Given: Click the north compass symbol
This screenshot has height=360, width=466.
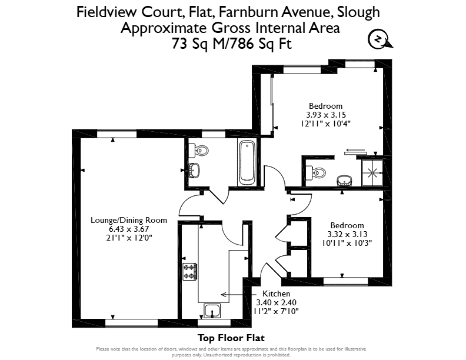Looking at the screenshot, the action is click(x=380, y=39).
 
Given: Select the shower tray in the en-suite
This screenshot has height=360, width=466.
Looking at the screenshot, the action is click(x=372, y=173).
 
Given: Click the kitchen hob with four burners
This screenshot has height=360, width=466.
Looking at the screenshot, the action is click(x=189, y=272).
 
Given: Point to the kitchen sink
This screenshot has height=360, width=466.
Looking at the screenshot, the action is click(x=212, y=311).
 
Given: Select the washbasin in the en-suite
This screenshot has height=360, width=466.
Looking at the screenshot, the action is click(x=344, y=181).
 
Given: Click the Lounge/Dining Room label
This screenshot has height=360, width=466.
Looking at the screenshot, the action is click(x=129, y=220).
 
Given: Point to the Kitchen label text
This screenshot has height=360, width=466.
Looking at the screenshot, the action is click(x=276, y=294).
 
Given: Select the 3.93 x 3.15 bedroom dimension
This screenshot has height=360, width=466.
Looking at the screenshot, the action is click(x=326, y=115).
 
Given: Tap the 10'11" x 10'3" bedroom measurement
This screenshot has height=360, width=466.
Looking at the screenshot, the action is click(x=347, y=243).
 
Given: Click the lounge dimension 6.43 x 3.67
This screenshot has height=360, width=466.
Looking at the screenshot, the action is click(x=129, y=229).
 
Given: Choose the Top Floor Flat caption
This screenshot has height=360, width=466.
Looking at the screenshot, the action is click(x=231, y=338).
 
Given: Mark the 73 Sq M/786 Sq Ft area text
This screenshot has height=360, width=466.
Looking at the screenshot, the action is click(x=231, y=44).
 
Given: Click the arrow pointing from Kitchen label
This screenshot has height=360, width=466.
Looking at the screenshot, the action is click(x=239, y=295).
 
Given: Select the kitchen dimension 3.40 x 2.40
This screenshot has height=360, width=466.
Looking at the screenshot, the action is click(x=276, y=302).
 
